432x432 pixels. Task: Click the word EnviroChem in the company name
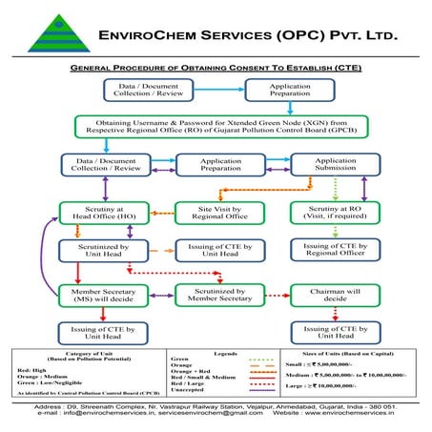click(x=147, y=36)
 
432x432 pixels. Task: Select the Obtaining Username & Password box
click(x=216, y=126)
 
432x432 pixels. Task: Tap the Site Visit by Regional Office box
click(x=216, y=213)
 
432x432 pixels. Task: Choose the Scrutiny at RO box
click(x=335, y=213)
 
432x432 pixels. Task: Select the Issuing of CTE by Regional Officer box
click(x=335, y=251)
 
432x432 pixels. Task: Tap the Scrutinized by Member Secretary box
click(x=216, y=294)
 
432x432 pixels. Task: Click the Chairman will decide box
click(x=335, y=294)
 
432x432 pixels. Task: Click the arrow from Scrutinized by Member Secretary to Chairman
click(x=275, y=294)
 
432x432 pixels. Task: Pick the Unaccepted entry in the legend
click(x=186, y=389)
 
